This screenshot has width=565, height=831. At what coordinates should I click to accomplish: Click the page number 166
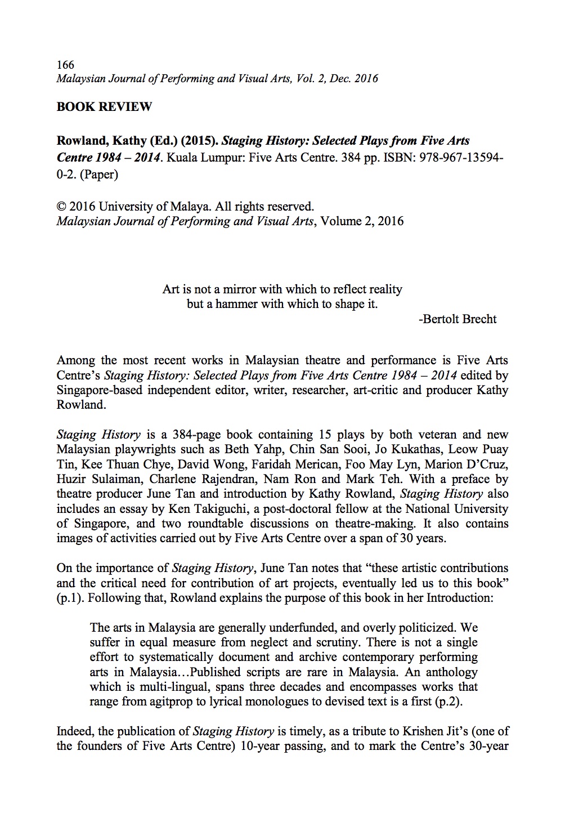[x=65, y=65]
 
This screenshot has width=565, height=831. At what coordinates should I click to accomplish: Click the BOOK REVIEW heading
[x=104, y=106]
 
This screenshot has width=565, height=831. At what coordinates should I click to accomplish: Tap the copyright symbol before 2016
[x=61, y=206]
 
